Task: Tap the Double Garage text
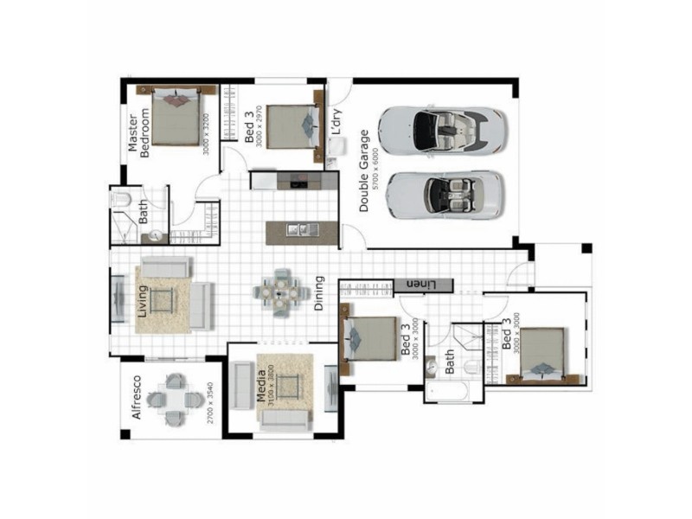(364, 170)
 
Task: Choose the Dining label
(319, 293)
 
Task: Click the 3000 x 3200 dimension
(207, 133)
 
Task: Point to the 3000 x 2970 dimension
(259, 126)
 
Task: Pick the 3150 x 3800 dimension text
(271, 386)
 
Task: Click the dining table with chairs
(281, 292)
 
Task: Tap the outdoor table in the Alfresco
(176, 400)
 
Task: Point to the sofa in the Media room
(285, 420)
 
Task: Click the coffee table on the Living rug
(162, 301)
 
